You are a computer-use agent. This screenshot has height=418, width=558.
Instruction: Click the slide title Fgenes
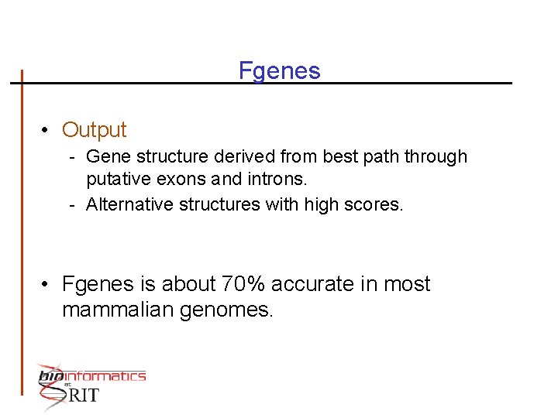point(279,71)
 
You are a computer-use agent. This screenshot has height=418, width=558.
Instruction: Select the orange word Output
point(94,130)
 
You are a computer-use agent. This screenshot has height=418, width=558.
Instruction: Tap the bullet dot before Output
point(47,130)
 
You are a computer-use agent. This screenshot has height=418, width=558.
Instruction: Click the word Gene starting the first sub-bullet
point(108,156)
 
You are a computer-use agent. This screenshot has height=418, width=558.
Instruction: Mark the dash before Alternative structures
point(71,204)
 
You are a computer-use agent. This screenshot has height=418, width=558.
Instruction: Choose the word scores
point(377,204)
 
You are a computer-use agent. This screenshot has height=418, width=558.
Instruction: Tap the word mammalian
point(116,310)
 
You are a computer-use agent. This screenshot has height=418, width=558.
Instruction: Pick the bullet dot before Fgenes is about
point(47,284)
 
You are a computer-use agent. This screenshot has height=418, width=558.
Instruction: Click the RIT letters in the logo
point(84,395)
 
